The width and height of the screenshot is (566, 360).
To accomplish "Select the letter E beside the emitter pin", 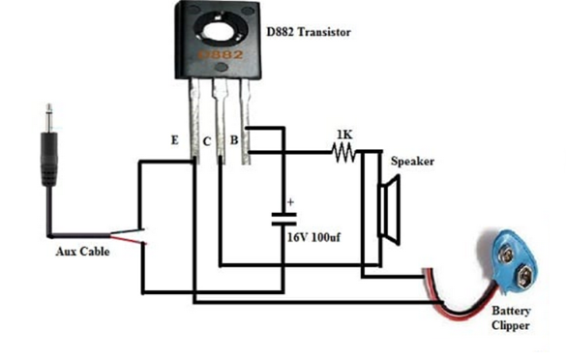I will [174, 140].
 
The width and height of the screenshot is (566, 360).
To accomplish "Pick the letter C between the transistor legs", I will [207, 142].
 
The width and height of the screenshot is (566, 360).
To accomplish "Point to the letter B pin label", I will [233, 142].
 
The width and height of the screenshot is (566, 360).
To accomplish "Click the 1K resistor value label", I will [343, 133].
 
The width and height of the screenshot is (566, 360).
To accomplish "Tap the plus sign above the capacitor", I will [289, 202].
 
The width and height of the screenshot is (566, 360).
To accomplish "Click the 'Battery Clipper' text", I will [511, 318].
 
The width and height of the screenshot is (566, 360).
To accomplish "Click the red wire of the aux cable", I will [126, 235].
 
